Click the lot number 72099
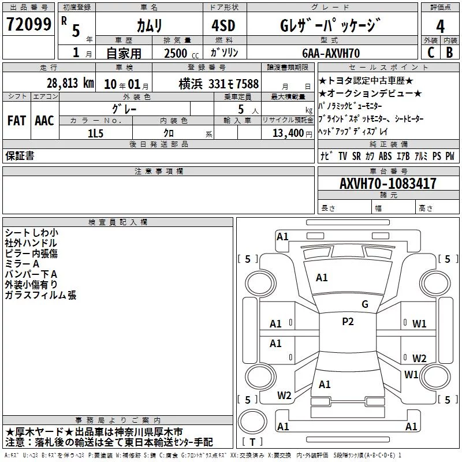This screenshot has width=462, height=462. click(28, 24)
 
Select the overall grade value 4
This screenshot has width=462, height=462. click(440, 27)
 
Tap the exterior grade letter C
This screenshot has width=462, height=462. click(431, 53)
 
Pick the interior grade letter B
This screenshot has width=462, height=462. click(449, 53)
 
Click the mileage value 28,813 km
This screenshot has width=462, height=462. click(70, 83)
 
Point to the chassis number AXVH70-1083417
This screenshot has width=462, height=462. click(388, 184)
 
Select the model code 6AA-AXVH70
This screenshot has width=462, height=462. click(331, 53)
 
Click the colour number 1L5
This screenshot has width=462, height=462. click(95, 133)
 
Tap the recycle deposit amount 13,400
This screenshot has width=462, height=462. click(288, 133)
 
